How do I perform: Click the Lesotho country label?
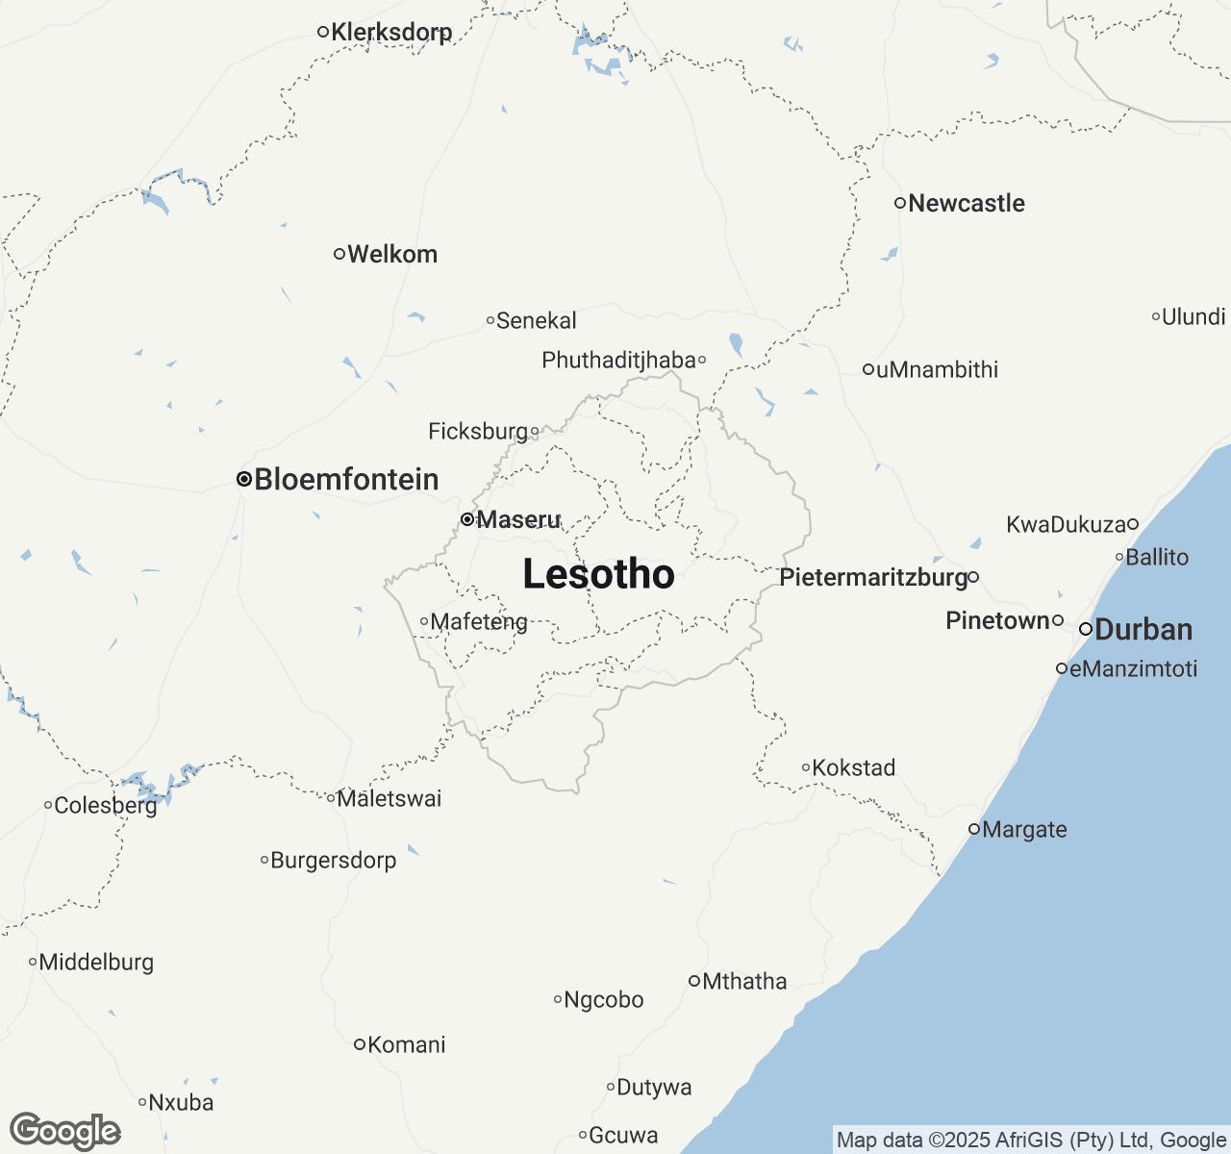point(598,574)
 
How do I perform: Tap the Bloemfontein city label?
point(346,479)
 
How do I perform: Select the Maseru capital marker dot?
point(467,519)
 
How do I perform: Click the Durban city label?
point(1143,630)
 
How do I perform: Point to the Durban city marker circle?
point(1086,629)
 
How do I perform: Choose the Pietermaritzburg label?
point(873,577)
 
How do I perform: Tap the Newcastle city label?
point(966,203)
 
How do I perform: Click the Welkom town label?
point(392,254)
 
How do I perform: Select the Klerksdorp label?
point(391,32)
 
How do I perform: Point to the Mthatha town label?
point(744,981)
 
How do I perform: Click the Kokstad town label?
point(854,767)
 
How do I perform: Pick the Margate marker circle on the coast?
point(974,829)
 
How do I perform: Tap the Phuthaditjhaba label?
point(618,360)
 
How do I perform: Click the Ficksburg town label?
point(478,431)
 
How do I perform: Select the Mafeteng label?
point(479,621)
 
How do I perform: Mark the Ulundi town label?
point(1193,316)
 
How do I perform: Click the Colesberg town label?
point(105,805)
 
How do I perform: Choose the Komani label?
point(407,1044)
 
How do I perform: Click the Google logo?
point(65,1132)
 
